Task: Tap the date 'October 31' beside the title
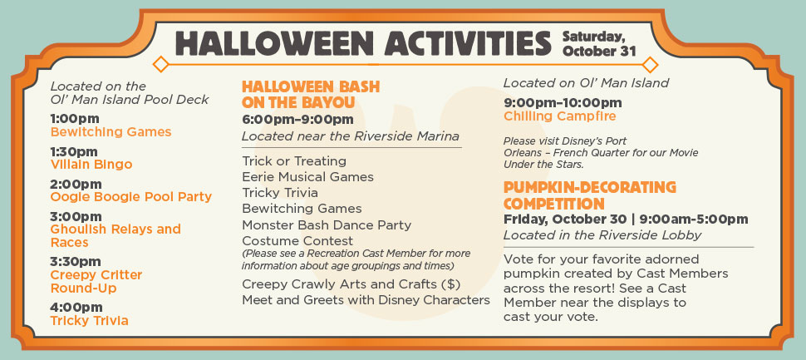tap(599, 52)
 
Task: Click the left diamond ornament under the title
tap(161, 64)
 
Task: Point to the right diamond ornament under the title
tap(651, 64)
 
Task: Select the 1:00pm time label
tap(75, 119)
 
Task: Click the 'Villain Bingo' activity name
tap(91, 165)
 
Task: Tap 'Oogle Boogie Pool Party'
tap(131, 197)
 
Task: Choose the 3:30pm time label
tap(76, 262)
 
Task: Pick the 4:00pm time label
tap(76, 307)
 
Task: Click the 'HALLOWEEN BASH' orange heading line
tap(311, 86)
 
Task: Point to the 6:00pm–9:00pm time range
tap(297, 120)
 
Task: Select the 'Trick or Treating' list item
tap(294, 161)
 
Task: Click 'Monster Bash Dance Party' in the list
tap(327, 225)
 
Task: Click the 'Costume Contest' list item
tap(297, 240)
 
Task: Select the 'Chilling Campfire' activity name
tap(560, 116)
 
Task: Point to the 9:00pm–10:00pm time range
tap(563, 103)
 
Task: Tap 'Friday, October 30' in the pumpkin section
tap(565, 219)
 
